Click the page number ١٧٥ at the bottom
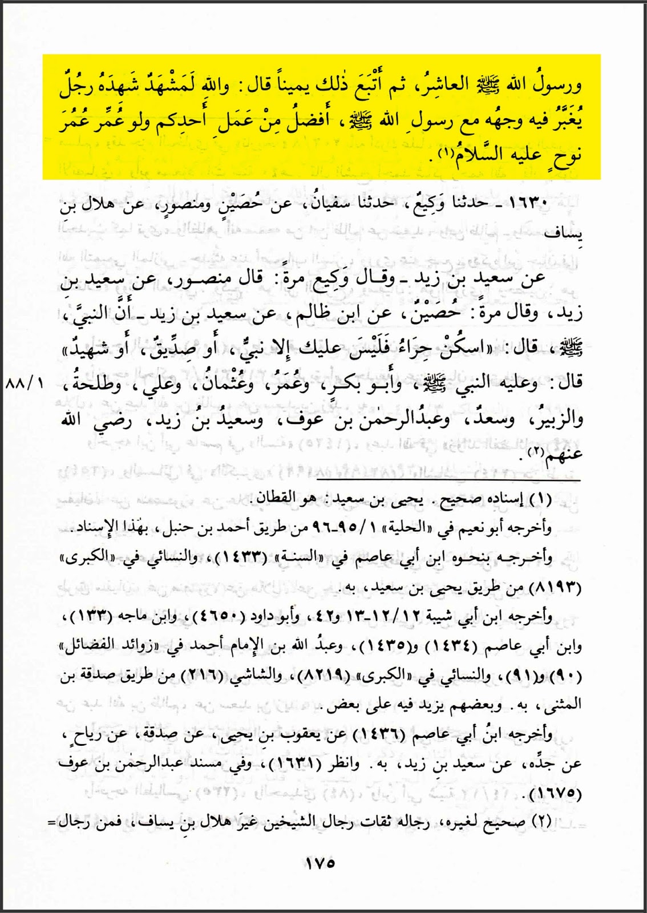point(320,863)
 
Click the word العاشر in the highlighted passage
point(442,86)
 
